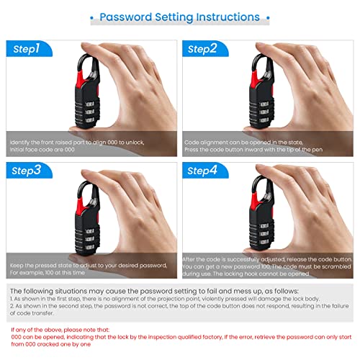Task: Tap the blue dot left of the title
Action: (91, 17)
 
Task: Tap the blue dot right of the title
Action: (269, 17)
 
